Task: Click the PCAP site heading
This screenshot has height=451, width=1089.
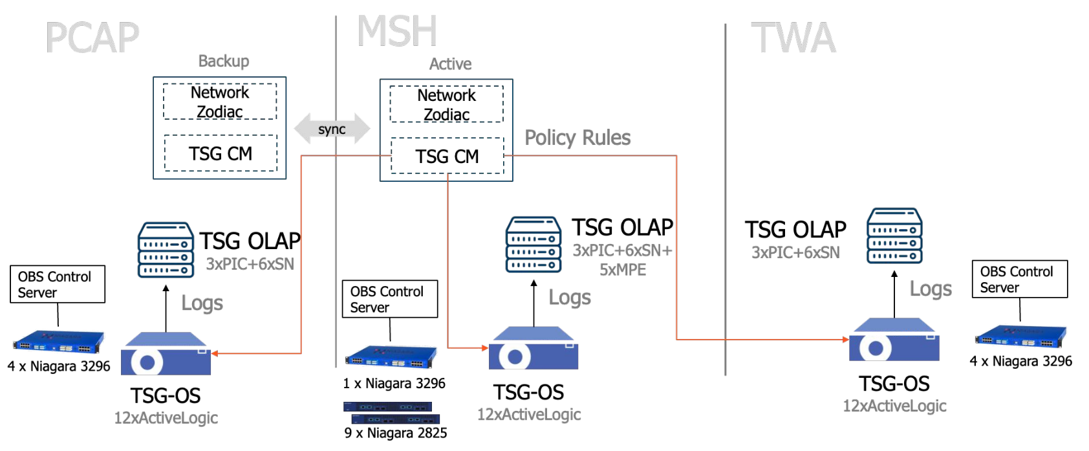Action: click(x=92, y=38)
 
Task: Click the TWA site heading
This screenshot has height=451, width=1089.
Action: click(x=793, y=38)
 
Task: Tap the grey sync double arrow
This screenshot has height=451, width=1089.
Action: click(x=332, y=129)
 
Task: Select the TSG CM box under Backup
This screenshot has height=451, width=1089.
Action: click(x=221, y=153)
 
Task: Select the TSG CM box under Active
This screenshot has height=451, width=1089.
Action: click(x=447, y=156)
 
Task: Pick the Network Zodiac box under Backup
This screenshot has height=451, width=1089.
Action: click(x=220, y=102)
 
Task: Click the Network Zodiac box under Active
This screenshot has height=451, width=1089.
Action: click(x=446, y=104)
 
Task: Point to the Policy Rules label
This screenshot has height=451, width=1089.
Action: click(x=577, y=138)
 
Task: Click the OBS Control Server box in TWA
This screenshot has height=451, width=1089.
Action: click(x=1019, y=280)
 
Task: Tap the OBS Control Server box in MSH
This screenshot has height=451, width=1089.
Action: click(x=389, y=299)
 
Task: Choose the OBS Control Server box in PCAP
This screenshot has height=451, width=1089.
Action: click(x=57, y=284)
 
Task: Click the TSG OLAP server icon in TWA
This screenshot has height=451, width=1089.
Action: click(x=894, y=236)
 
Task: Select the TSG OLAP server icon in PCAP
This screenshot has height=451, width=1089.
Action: click(x=166, y=250)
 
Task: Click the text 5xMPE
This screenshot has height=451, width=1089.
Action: click(x=622, y=270)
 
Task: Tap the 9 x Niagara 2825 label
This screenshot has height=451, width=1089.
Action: click(x=395, y=433)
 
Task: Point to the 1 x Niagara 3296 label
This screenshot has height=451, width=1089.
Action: click(x=394, y=383)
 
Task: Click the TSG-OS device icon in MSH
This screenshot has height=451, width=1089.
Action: click(x=533, y=349)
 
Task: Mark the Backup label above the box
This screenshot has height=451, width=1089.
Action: click(x=223, y=61)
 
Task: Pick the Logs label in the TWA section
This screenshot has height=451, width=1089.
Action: click(x=931, y=289)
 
